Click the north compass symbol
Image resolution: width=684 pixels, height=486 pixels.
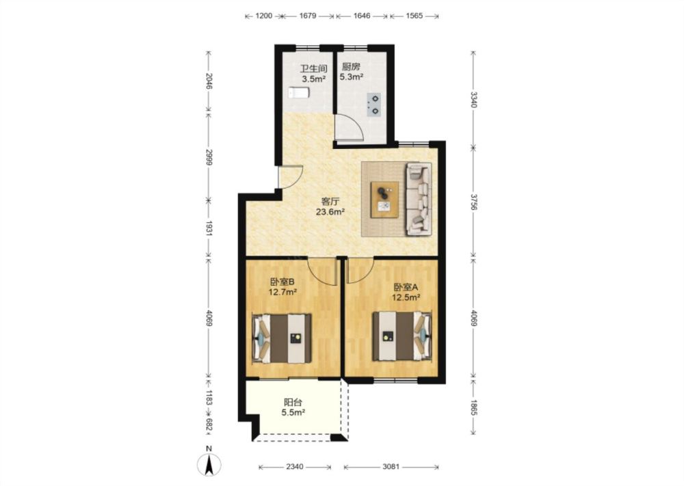[209, 463]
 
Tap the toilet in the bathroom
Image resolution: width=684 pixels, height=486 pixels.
[299, 93]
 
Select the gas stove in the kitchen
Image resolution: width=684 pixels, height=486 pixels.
[374, 105]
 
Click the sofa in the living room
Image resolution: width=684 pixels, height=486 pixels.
[419, 199]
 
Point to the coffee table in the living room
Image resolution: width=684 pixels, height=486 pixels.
[384, 199]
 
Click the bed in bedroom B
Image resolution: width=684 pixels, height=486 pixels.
[282, 338]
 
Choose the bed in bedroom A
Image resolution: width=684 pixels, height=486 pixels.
[402, 336]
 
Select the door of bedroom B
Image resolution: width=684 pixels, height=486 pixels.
[323, 271]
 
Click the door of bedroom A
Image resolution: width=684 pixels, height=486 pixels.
[360, 270]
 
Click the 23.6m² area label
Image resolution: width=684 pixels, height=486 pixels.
[330, 212]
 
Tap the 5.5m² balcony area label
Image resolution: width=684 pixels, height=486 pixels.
[293, 412]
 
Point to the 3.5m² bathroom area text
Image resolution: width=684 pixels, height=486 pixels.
[314, 79]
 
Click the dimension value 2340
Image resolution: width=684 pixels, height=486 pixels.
[294, 467]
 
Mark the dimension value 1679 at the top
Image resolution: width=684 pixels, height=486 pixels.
[308, 16]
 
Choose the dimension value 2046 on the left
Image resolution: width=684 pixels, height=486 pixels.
[209, 81]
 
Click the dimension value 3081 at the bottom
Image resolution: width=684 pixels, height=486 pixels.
[391, 467]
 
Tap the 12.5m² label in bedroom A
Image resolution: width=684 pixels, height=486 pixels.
[406, 297]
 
